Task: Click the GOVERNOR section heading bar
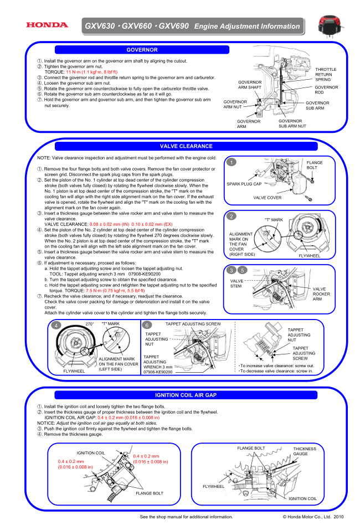pos(142,50)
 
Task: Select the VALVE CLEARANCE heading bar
pos(186,146)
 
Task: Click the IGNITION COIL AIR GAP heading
pos(186,395)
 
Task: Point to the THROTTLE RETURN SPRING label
pos(326,74)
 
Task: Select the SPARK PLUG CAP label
pos(244,184)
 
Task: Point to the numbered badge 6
pos(146,325)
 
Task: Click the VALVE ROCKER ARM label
pos(321,294)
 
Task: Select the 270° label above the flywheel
pos(89,323)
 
